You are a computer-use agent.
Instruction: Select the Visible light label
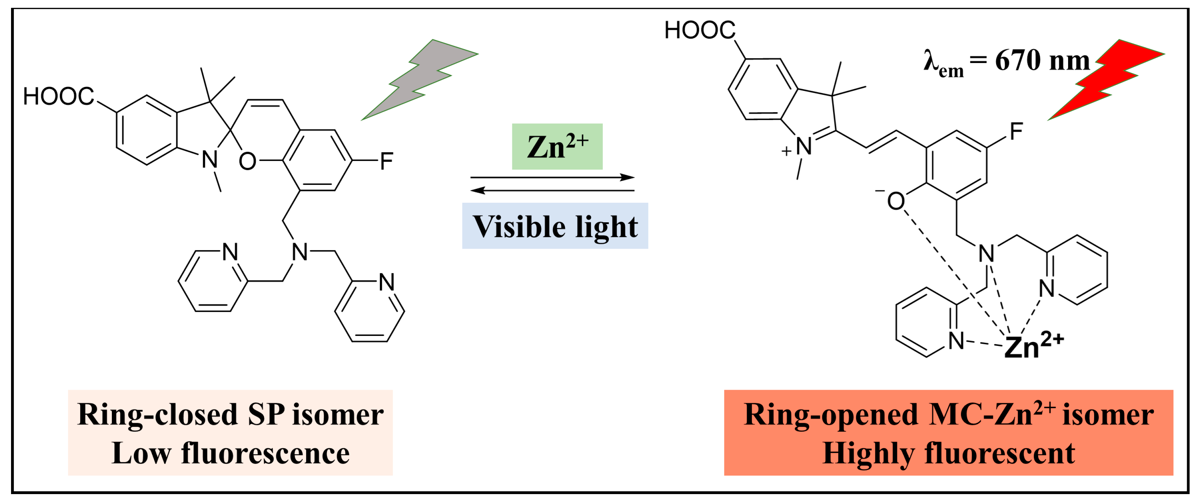555,227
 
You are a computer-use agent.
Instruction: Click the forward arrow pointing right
553,177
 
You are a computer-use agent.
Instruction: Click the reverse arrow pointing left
553,190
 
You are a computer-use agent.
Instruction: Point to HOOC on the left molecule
59,97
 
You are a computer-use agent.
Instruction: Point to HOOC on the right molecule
699,30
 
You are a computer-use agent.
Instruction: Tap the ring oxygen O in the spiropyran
247,162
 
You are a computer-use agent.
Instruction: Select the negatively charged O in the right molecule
895,201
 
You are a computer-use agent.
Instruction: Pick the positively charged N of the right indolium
803,146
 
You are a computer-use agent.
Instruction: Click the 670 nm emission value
1042,61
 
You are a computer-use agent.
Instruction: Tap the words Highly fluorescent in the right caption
948,453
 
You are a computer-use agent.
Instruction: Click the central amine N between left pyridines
300,252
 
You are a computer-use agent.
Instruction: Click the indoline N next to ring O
209,160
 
